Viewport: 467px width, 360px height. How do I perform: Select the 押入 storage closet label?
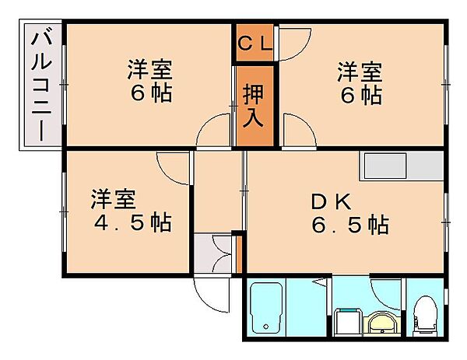click(255, 107)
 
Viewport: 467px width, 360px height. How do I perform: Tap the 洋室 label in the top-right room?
click(359, 72)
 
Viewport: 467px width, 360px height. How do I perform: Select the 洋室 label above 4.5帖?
click(112, 197)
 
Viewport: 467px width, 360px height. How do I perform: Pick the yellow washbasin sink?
click(381, 322)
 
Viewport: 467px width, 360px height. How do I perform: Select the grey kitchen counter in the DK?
click(400, 166)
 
